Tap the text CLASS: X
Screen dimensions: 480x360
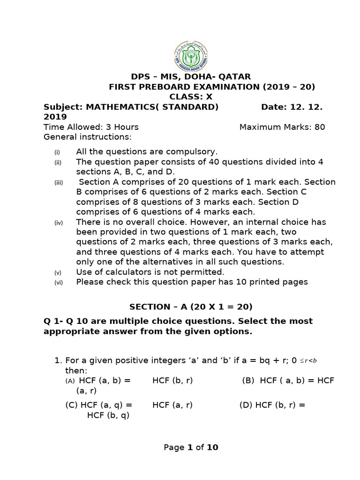[x=191, y=97]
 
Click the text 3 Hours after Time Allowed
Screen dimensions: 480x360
[x=121, y=127]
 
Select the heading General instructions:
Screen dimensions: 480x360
[x=88, y=137]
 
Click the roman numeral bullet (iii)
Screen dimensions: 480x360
[x=58, y=182]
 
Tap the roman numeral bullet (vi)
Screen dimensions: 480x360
[x=58, y=283]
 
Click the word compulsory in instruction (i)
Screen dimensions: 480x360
[x=194, y=152]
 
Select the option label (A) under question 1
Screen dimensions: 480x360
[x=70, y=381]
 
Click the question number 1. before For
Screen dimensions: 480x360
[x=59, y=360]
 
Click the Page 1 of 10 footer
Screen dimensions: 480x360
[x=191, y=448]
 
